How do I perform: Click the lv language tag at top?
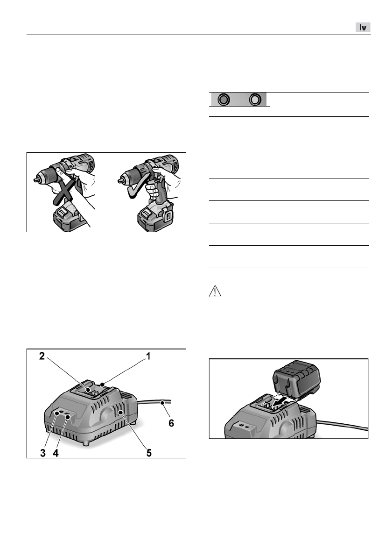click(x=363, y=28)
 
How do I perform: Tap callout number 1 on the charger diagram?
click(x=148, y=356)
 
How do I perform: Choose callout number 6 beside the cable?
click(x=171, y=423)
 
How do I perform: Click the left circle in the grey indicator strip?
click(x=224, y=99)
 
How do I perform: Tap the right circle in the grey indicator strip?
click(x=255, y=99)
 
